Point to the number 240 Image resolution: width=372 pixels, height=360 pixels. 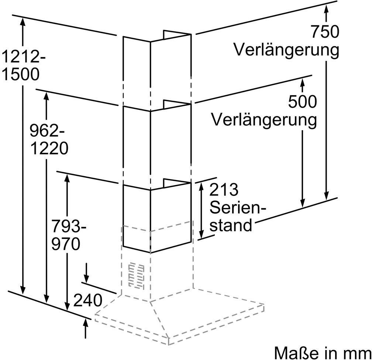tap(87, 301)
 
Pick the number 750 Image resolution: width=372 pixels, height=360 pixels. tap(324, 32)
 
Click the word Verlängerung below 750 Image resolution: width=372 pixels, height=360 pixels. tap(286, 50)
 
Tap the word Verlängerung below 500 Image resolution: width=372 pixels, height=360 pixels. tap(264, 119)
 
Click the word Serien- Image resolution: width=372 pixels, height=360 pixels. tap(238, 208)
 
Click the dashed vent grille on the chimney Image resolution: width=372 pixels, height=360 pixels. tap(135, 276)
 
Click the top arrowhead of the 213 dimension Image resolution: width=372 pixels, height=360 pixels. tap(201, 186)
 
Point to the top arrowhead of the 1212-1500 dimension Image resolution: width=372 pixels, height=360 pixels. tap(23, 21)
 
